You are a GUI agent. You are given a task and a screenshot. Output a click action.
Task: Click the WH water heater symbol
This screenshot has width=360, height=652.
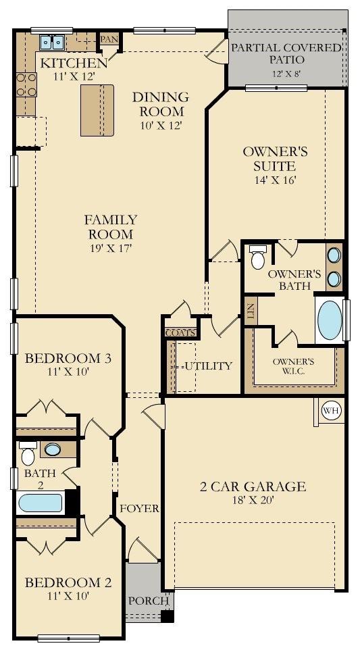[330, 411]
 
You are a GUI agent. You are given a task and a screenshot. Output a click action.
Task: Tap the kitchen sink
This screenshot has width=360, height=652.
[51, 42]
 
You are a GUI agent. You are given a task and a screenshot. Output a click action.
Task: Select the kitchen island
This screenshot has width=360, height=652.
[97, 110]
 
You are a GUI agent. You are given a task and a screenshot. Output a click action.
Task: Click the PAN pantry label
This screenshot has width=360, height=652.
[109, 39]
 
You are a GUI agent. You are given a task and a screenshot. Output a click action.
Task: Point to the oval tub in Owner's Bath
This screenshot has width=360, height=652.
[330, 320]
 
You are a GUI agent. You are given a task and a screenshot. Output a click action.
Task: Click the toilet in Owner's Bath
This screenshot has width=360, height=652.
[257, 257]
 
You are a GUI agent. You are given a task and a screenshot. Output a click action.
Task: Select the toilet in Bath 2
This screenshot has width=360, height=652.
[28, 453]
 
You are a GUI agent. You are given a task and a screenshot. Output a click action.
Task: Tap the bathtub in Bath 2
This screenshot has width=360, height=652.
[41, 503]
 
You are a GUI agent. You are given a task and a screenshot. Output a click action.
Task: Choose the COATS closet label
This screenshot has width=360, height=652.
[180, 333]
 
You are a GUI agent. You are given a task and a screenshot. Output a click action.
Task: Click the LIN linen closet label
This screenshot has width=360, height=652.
[251, 311]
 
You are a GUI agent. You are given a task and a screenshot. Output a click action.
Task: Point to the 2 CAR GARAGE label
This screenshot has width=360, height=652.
[253, 486]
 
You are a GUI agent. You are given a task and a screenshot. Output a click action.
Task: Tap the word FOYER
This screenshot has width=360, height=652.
[139, 508]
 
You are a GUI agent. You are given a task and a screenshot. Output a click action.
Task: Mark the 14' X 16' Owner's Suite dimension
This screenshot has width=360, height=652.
[275, 180]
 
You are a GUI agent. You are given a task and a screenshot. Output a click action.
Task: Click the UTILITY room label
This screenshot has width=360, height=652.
[209, 366]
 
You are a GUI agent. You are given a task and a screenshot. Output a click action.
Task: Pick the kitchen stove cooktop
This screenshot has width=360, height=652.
[26, 84]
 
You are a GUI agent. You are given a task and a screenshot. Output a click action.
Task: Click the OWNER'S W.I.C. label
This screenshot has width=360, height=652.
[293, 366]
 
